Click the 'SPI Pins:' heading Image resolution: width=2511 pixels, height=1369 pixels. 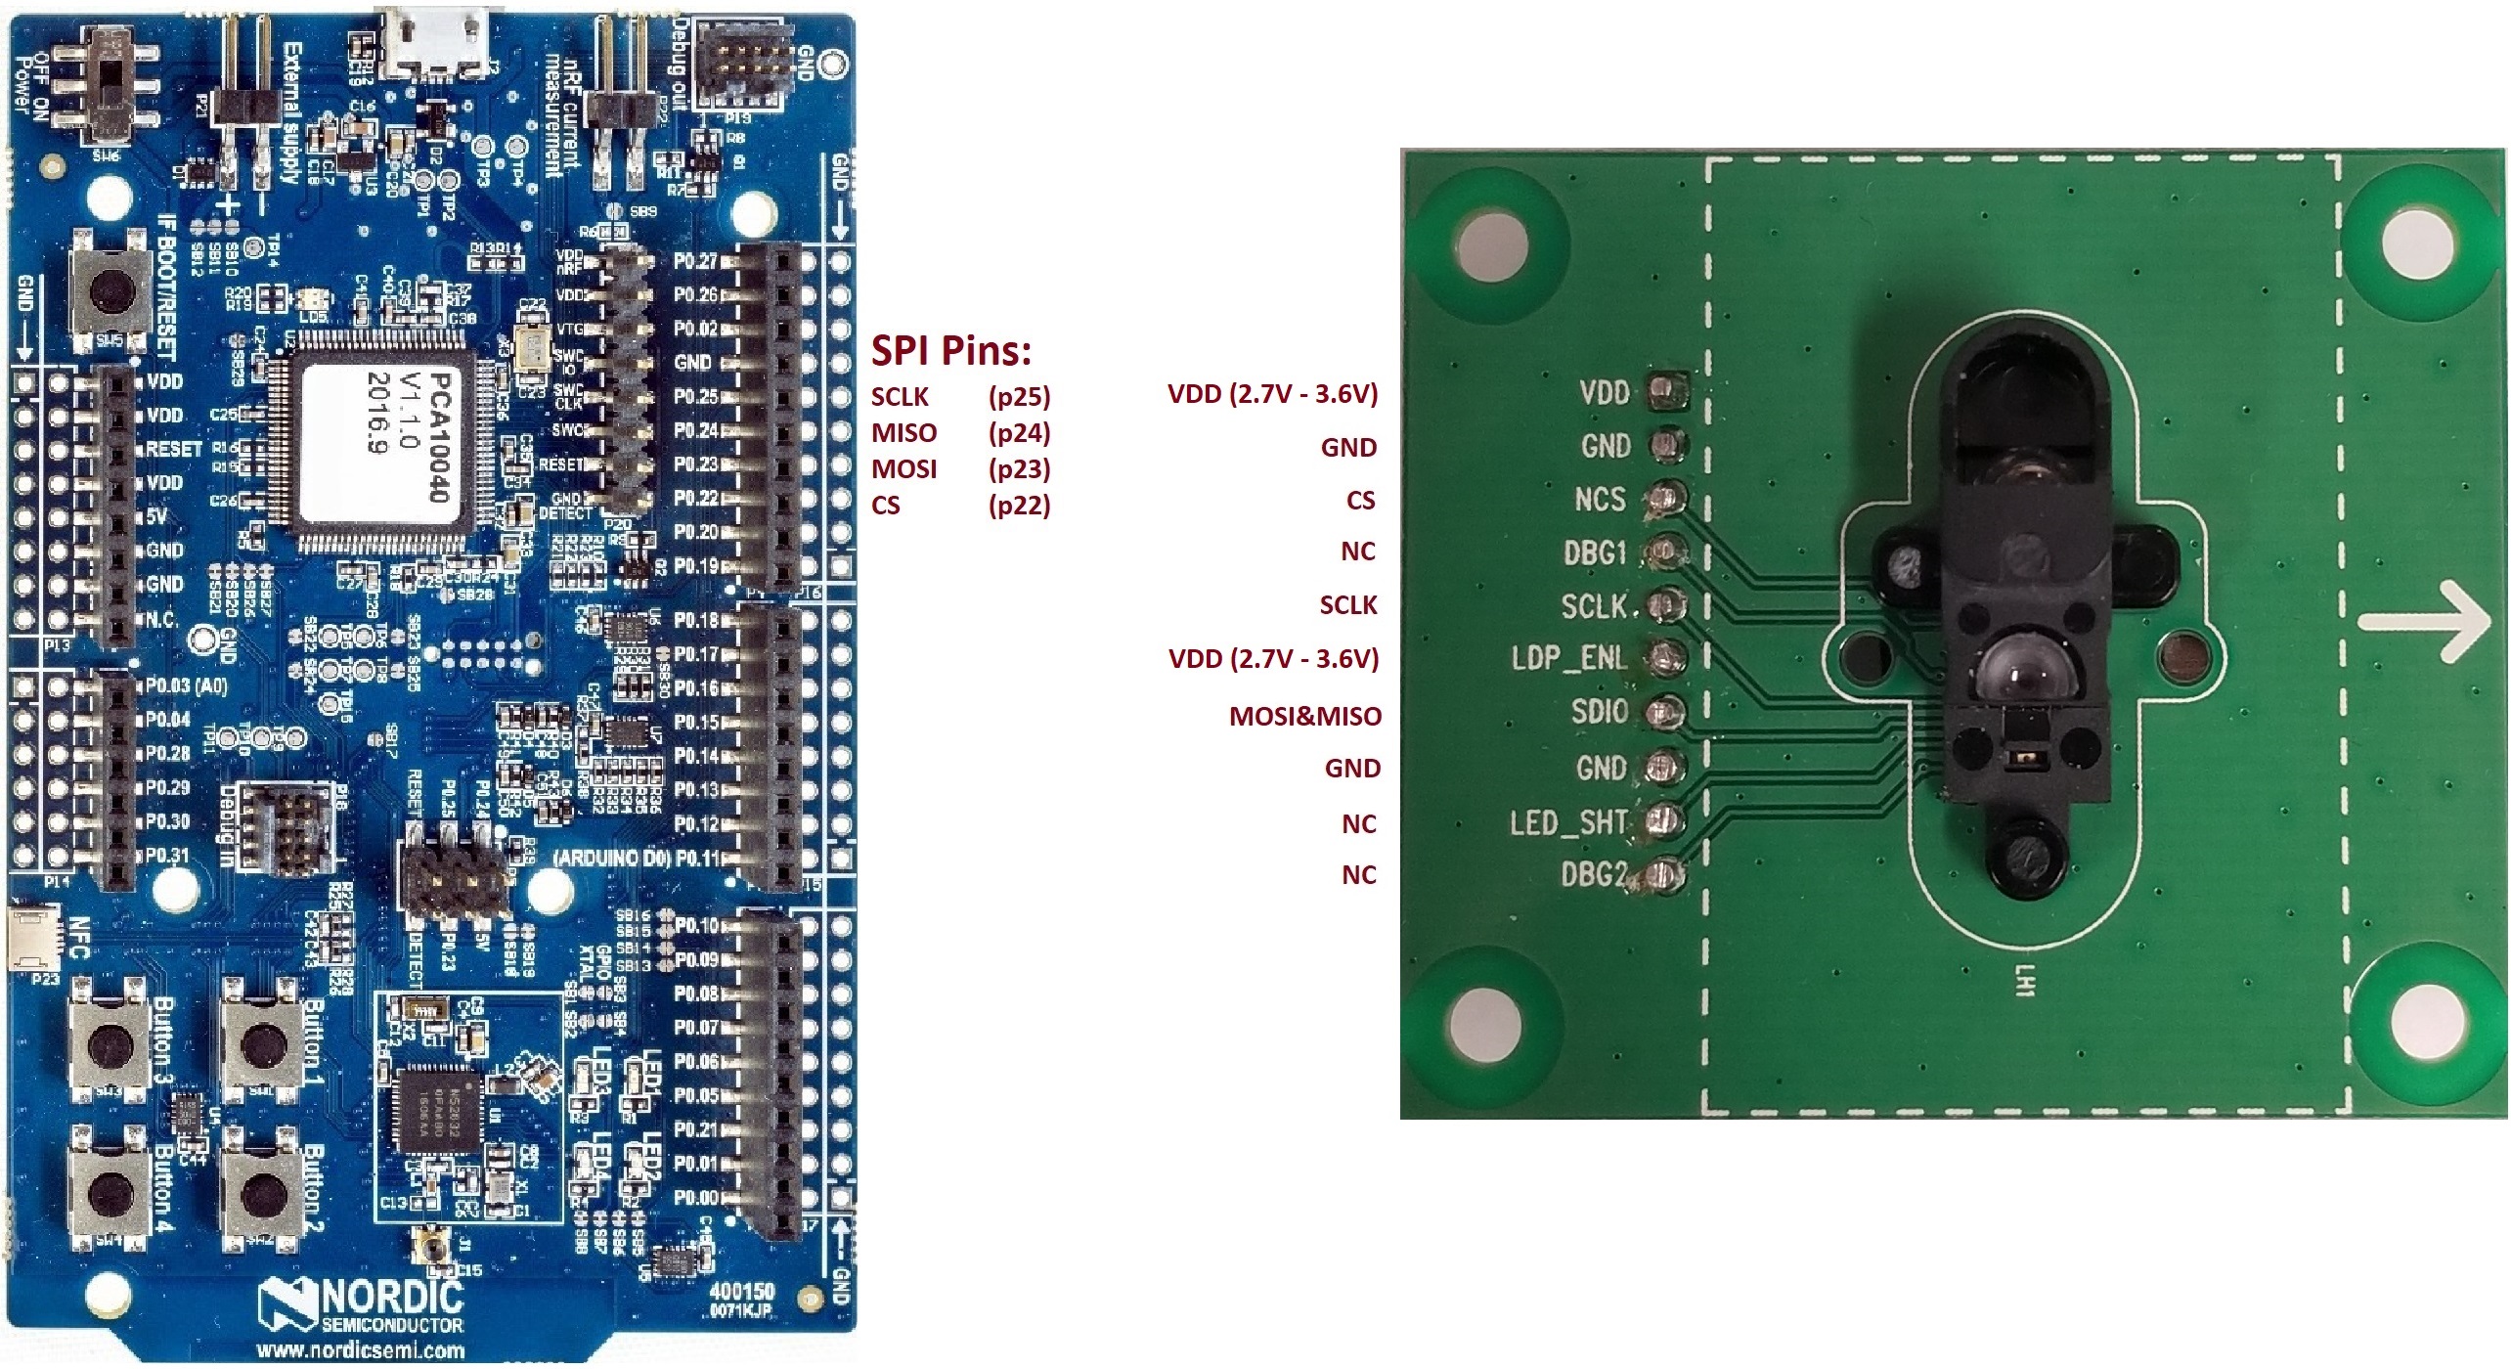pos(950,350)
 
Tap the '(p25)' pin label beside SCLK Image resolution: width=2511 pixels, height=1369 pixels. pos(1019,397)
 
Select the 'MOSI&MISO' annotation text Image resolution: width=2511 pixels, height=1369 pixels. pos(1304,717)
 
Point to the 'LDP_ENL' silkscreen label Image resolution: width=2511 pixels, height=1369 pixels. pos(1568,658)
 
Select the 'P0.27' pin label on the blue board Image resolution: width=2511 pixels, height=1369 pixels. pos(695,262)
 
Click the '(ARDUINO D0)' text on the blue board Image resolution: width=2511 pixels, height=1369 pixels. pos(611,859)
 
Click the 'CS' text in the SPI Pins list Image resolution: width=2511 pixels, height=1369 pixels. pos(885,507)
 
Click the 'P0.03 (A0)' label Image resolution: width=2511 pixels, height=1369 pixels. pos(186,686)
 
